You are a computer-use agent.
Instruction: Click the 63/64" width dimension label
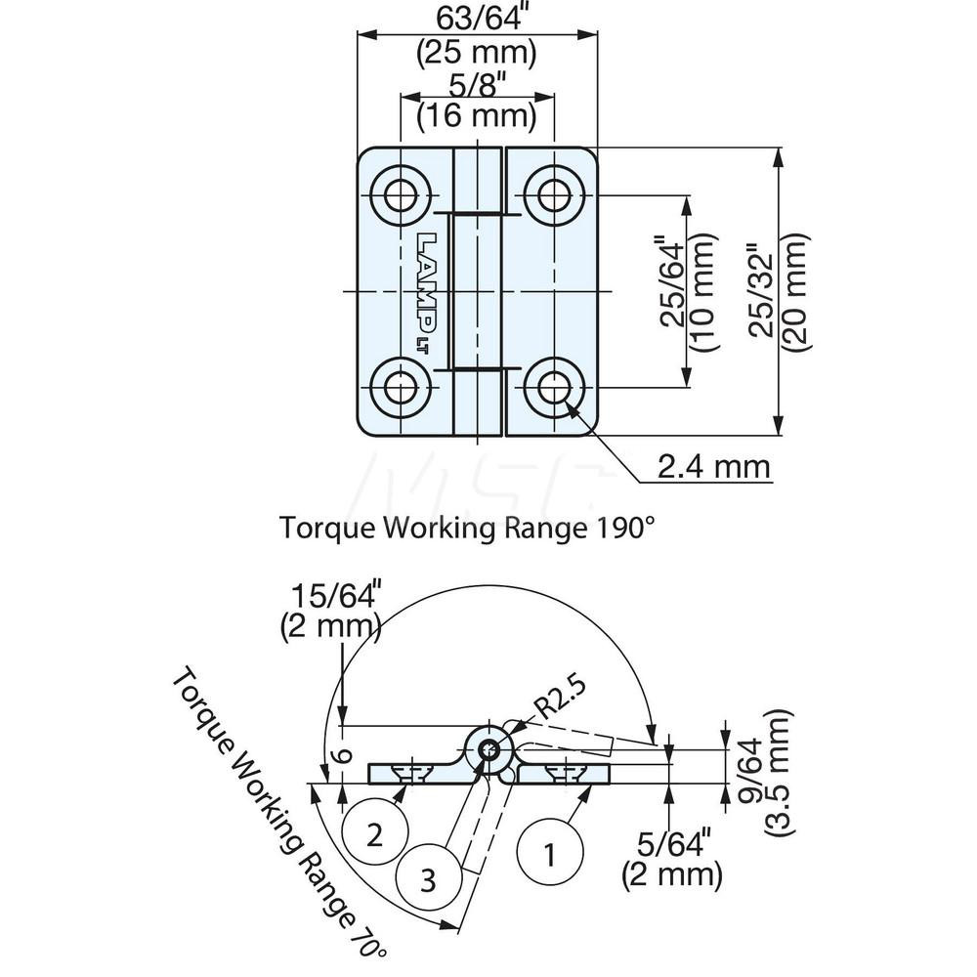tap(477, 17)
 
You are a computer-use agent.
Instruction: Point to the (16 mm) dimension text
tap(477, 117)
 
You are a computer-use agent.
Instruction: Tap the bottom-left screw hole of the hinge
tap(399, 388)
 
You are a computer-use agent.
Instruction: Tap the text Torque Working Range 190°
tap(466, 529)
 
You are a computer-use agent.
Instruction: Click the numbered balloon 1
tap(549, 856)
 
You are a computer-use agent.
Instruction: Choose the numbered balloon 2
tap(375, 834)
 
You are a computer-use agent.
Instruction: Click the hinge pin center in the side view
tap(488, 751)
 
